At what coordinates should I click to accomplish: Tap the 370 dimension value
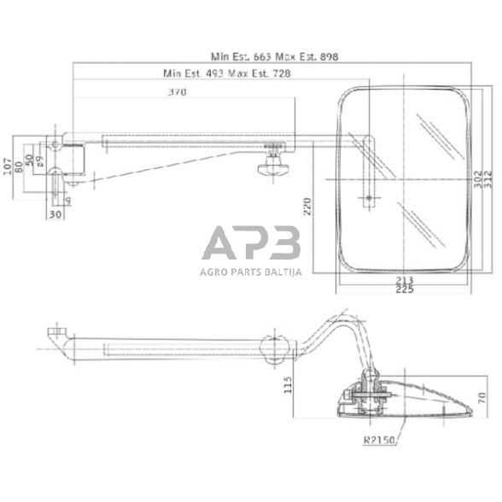[177, 92]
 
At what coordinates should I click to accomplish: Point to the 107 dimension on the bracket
[9, 164]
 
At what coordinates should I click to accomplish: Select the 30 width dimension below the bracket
[55, 214]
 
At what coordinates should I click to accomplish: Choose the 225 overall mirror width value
[405, 291]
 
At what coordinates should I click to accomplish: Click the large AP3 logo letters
[251, 244]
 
